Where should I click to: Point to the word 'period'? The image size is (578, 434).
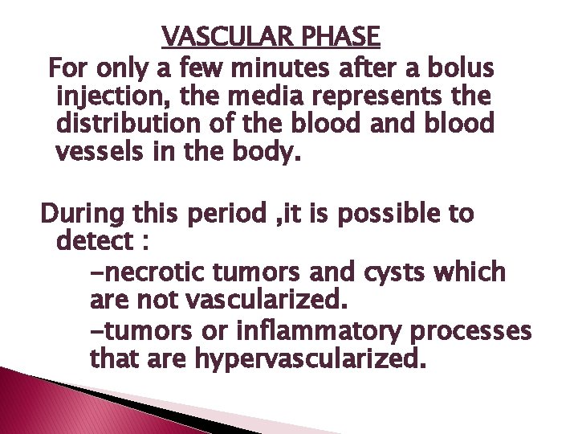click(227, 215)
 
